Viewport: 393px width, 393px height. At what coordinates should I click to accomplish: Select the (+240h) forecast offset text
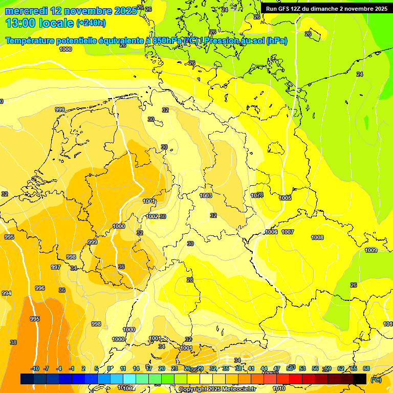point(91,23)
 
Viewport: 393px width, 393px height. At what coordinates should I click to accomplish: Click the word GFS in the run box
point(288,9)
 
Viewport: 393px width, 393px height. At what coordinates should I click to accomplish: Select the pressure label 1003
point(206,195)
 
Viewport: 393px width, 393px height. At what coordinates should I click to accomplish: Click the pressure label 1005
point(285,198)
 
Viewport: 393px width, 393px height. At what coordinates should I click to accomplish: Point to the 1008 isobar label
point(317,237)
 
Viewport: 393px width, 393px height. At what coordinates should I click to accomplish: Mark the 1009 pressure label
point(371,250)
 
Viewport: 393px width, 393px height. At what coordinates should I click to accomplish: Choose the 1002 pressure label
point(152,216)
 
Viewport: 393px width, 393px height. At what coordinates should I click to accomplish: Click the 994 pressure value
point(6,293)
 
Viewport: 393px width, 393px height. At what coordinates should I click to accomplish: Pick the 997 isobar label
point(56,267)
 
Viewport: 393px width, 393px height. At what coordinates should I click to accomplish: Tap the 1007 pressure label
point(288,232)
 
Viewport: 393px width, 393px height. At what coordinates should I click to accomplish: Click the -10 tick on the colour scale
point(35,369)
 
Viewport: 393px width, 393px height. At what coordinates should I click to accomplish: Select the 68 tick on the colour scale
point(366,369)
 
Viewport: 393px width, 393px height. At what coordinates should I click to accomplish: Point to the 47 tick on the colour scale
point(277,369)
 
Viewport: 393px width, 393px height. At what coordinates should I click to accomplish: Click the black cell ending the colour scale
point(360,379)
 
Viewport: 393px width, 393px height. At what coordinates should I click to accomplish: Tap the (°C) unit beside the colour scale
point(376,380)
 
